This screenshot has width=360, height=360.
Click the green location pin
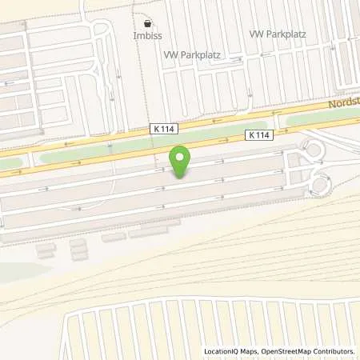point(182,162)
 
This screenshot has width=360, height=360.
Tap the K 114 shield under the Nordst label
point(262,135)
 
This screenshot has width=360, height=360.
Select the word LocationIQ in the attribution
point(222,351)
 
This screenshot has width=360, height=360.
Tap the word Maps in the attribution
point(252,351)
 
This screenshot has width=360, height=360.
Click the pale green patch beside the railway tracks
point(16,269)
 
